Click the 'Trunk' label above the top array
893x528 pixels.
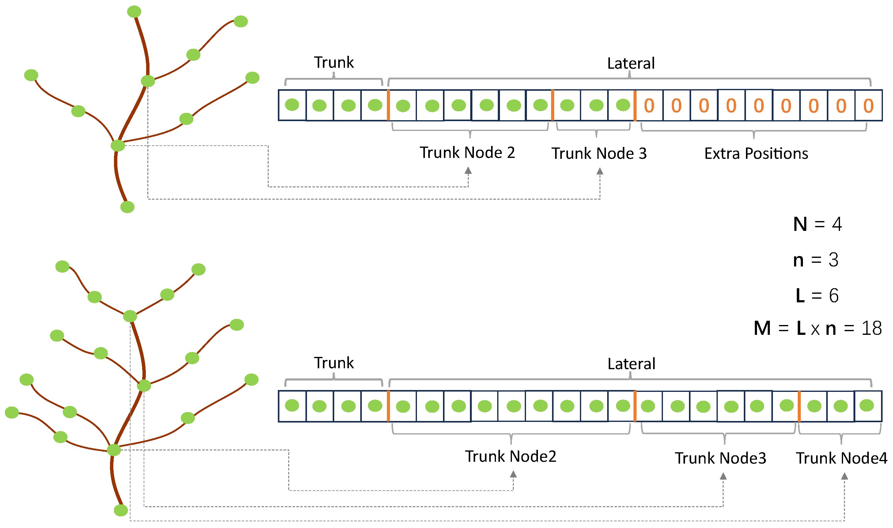click(x=333, y=63)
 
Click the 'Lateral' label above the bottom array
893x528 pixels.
click(x=631, y=364)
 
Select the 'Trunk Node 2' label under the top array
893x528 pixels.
click(x=467, y=153)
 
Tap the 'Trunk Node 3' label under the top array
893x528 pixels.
click(x=599, y=154)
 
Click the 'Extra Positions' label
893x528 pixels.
click(x=756, y=154)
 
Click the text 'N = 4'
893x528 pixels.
click(x=817, y=224)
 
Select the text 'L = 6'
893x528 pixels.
click(x=817, y=296)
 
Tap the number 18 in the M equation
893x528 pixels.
click(x=871, y=328)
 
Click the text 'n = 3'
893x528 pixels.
click(x=815, y=260)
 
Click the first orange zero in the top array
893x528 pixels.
click(x=649, y=106)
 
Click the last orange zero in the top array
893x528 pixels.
click(x=868, y=106)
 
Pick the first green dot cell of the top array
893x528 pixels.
click(x=292, y=105)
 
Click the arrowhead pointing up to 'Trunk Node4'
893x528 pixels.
click(x=844, y=476)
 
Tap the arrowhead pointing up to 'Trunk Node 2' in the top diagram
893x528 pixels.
click(x=468, y=171)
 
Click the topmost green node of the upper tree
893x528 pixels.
click(x=134, y=11)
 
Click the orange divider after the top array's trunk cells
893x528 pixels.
click(x=388, y=105)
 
